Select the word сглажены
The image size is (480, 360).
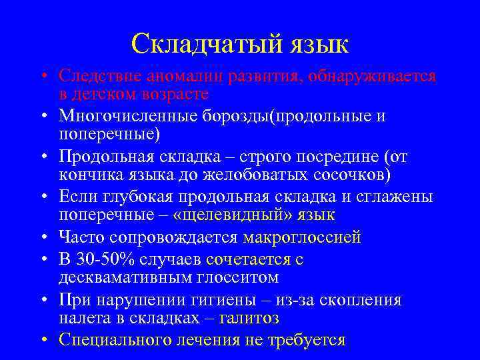tap(395, 197)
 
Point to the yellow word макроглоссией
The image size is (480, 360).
tap(302, 237)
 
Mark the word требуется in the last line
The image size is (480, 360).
tap(311, 340)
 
